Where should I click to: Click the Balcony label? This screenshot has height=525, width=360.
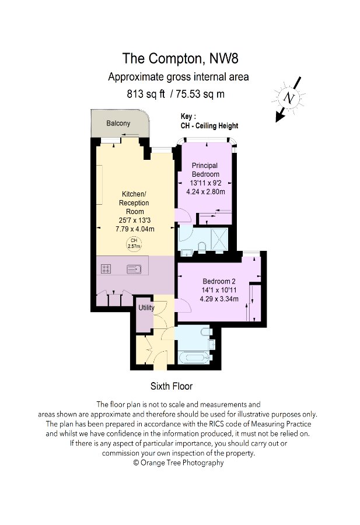[x=118, y=124]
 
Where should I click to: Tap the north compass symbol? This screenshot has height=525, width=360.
[x=288, y=99]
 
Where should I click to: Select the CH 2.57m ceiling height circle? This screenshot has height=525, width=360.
[x=134, y=243]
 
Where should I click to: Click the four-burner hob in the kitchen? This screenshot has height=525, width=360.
[x=106, y=269]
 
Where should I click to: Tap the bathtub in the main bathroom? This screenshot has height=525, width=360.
[x=190, y=357]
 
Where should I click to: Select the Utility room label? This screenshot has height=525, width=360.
[x=146, y=307]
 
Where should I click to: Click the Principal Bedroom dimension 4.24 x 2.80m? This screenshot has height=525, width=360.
[x=205, y=191]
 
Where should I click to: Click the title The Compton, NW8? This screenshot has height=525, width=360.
[x=180, y=58]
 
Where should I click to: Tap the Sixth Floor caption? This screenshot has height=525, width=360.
[x=172, y=386]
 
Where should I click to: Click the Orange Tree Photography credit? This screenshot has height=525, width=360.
[x=179, y=463]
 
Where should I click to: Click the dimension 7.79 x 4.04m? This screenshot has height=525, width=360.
[x=134, y=230]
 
